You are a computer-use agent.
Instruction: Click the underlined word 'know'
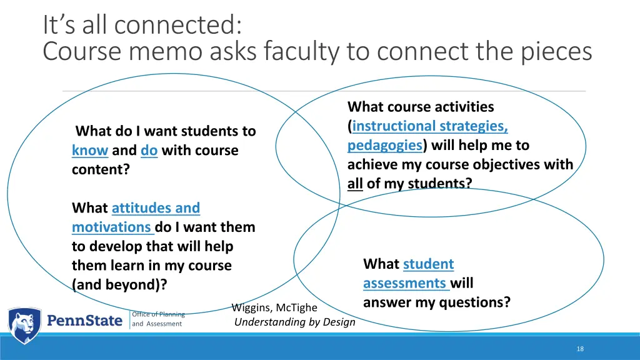tap(90, 151)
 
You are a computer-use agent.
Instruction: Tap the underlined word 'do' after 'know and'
tap(149, 151)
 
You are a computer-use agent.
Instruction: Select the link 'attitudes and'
tap(156, 208)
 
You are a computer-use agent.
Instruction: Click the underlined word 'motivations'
tap(112, 227)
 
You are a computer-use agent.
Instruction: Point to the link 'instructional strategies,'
tap(430, 126)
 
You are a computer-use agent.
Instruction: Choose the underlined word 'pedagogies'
tap(385, 146)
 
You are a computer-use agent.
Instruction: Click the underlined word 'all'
tap(355, 184)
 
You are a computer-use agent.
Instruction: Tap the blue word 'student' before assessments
tap(429, 264)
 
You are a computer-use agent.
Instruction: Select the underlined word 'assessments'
tap(404, 284)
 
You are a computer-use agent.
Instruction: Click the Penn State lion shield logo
tap(24, 325)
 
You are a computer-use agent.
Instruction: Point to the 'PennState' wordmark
tap(86, 321)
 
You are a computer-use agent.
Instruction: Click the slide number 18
tap(580, 349)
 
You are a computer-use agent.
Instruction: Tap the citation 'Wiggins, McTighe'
tap(274, 307)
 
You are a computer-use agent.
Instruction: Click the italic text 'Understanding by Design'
tap(294, 322)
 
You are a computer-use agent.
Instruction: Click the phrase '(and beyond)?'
tap(119, 285)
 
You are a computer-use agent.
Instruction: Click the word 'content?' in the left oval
tap(101, 169)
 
